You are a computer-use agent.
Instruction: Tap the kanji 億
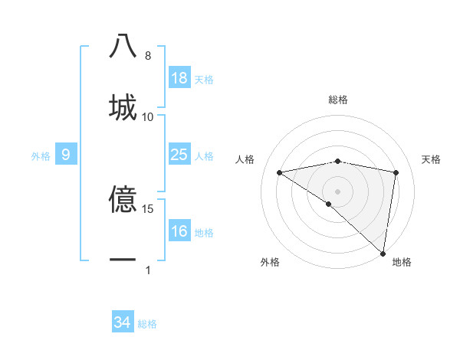123,199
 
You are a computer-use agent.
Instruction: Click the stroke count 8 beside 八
148,56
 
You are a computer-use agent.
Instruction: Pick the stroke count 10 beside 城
148,116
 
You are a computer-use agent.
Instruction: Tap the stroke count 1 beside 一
148,270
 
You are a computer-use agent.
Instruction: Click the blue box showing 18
179,78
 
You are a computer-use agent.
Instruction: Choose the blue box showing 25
179,155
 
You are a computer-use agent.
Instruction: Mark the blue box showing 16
179,231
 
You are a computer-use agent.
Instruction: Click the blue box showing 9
66,155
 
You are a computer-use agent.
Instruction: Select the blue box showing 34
122,322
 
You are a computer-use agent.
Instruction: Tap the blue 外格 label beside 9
41,156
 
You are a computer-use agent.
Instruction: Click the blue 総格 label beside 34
147,324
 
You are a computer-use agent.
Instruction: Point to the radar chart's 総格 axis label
337,100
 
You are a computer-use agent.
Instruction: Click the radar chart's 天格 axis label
431,159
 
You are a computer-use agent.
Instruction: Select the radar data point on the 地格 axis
383,253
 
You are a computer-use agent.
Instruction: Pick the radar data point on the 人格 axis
280,172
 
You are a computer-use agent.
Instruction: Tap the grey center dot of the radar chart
337,191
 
